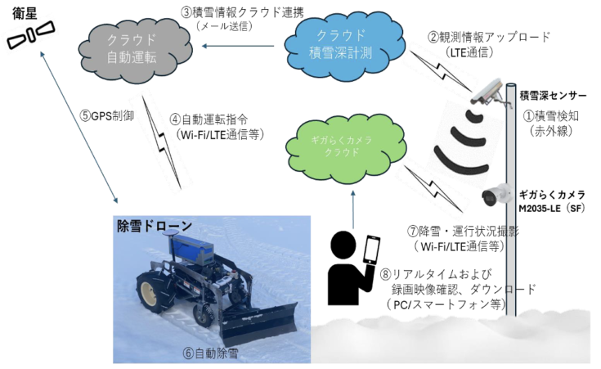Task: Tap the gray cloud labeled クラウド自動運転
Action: coord(135,50)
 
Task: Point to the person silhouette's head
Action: coord(344,244)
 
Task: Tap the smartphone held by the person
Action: coord(371,250)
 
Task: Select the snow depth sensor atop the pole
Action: coord(489,92)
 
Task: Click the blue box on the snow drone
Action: coord(192,249)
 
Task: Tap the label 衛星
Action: coord(25,14)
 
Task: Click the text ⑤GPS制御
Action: coord(107,116)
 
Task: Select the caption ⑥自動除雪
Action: coord(210,353)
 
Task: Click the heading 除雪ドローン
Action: coord(155,227)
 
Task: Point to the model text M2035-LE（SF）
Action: coord(552,209)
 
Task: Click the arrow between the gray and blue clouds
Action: coord(238,46)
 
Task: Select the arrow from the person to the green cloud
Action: coord(352,209)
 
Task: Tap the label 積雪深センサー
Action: coord(553,96)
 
